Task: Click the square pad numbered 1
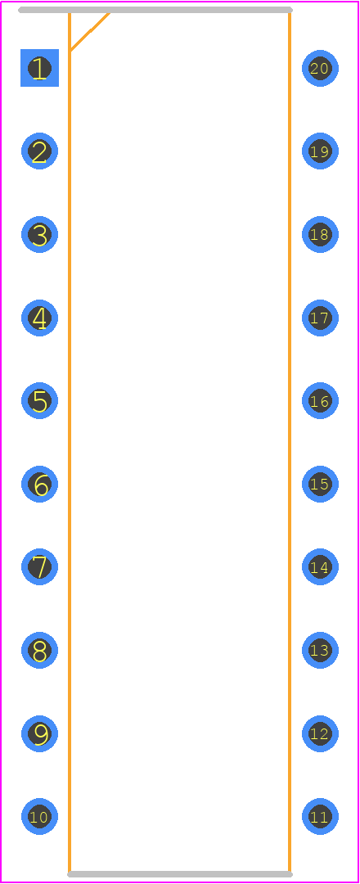click(39, 68)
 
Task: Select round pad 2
click(39, 151)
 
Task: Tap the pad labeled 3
click(39, 235)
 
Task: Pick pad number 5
click(39, 401)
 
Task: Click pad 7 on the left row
click(39, 566)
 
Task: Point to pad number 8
click(39, 650)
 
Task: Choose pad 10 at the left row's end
click(39, 816)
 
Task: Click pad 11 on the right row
click(320, 816)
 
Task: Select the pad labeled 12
click(320, 733)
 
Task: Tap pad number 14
click(320, 566)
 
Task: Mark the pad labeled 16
click(320, 401)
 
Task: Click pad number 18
click(320, 235)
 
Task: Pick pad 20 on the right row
click(320, 68)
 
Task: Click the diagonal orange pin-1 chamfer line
click(89, 32)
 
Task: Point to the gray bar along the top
click(155, 10)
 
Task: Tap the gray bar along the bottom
click(180, 874)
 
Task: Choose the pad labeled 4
click(39, 318)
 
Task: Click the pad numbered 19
click(320, 151)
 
